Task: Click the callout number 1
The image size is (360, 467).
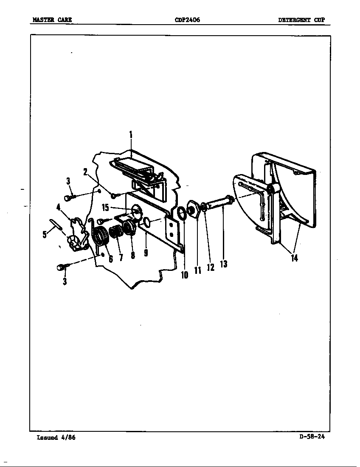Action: pyautogui.click(x=131, y=135)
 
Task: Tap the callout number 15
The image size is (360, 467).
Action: pyautogui.click(x=105, y=208)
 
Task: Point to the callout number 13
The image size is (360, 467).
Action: pyautogui.click(x=224, y=264)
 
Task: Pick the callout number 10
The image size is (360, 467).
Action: pyautogui.click(x=185, y=275)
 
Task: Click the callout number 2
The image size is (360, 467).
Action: pyautogui.click(x=85, y=172)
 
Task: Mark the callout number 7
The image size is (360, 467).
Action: pyautogui.click(x=121, y=257)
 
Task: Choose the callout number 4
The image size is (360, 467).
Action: pyautogui.click(x=58, y=207)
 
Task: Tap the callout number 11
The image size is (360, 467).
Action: pyautogui.click(x=198, y=270)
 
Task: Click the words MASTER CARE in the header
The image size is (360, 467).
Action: pyautogui.click(x=52, y=20)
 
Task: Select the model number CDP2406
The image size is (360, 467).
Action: pyautogui.click(x=187, y=20)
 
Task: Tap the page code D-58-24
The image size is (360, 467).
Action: pyautogui.click(x=312, y=436)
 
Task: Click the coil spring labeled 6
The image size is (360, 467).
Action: pyautogui.click(x=101, y=236)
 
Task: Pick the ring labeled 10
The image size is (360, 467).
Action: pyautogui.click(x=181, y=213)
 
